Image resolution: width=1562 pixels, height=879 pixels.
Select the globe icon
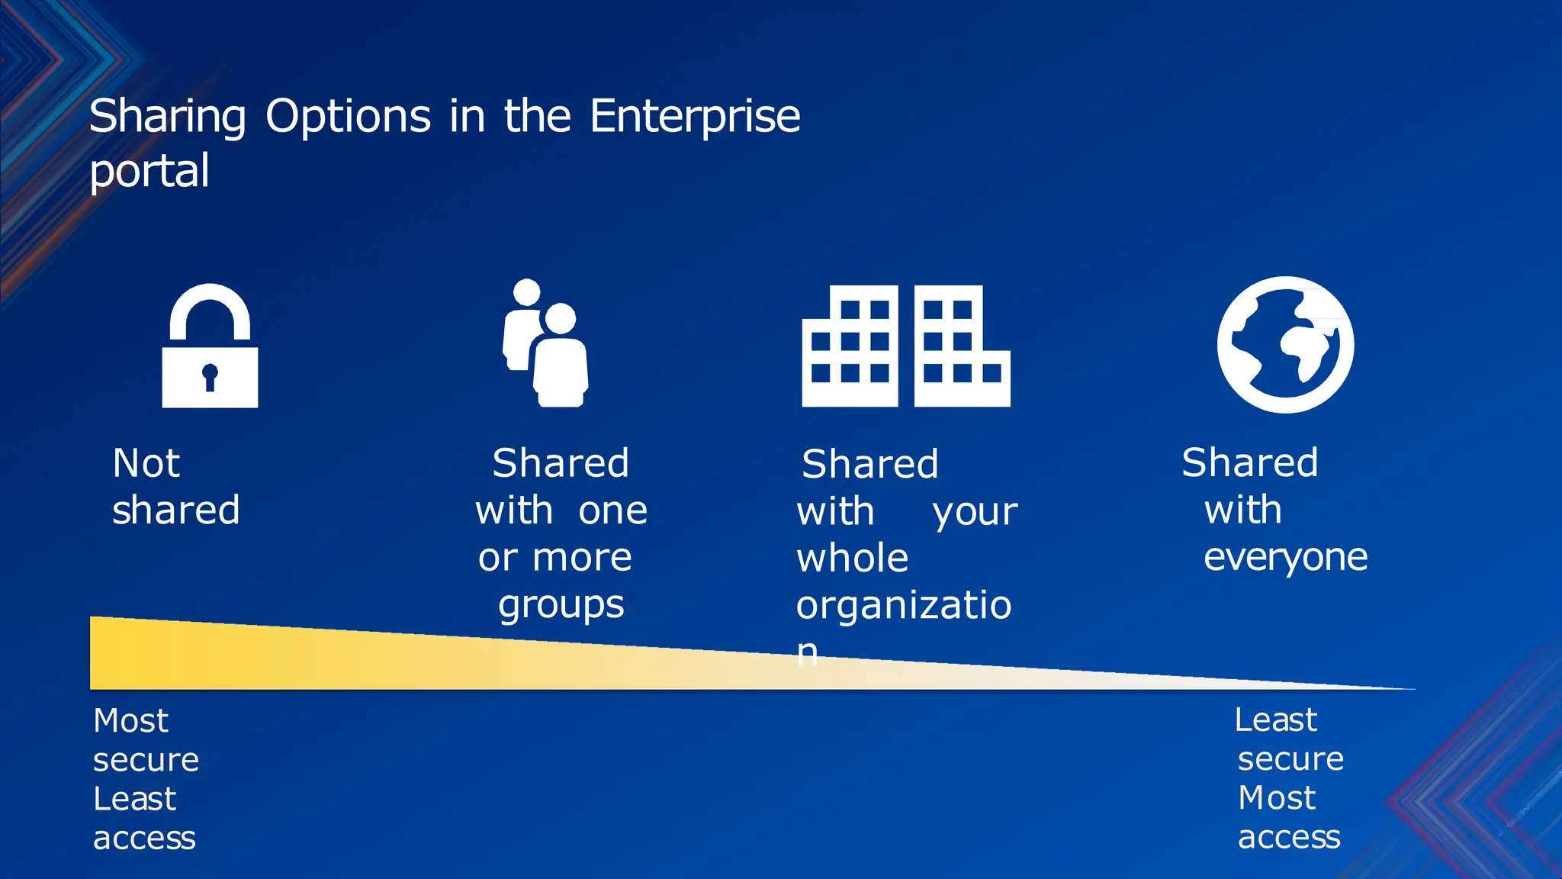1285,345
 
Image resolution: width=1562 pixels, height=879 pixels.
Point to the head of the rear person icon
527,292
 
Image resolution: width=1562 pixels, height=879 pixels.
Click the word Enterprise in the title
695,117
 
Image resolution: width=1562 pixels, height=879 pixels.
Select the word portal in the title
149,171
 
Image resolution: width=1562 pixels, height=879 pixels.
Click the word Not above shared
146,463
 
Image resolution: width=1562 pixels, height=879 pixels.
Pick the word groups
561,606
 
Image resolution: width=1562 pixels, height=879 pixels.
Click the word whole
853,559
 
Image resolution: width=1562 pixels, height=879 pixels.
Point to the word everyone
1285,557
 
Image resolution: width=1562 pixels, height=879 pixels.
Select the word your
975,512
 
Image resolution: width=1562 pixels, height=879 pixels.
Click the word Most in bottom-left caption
130,721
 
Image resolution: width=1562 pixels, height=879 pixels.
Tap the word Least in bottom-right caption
1275,720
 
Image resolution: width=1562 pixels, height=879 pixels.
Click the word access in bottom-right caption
1288,838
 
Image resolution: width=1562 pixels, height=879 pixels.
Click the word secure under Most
146,760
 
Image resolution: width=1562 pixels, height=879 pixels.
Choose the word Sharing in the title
168,117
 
